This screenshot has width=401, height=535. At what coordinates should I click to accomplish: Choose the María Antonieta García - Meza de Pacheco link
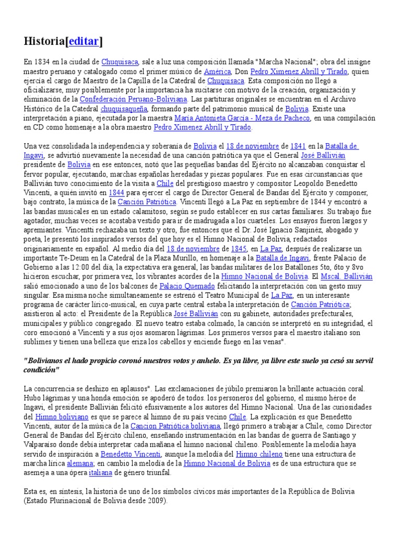click(x=242, y=118)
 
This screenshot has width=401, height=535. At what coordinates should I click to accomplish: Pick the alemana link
click(x=80, y=463)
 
